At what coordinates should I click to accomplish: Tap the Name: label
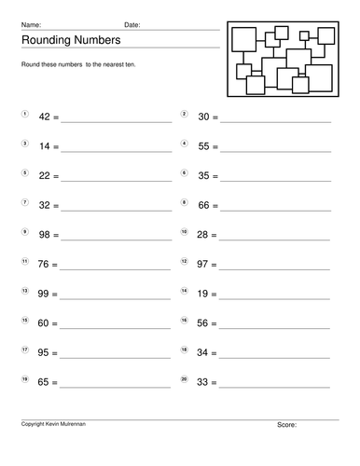[31, 24]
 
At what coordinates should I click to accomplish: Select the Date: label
[132, 24]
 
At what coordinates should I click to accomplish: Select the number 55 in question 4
[204, 147]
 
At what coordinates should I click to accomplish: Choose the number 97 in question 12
[204, 265]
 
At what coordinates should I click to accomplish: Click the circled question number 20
[185, 377]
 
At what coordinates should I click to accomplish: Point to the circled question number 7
[24, 201]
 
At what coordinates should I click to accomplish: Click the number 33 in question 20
[204, 382]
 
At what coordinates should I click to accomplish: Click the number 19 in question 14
[204, 294]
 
